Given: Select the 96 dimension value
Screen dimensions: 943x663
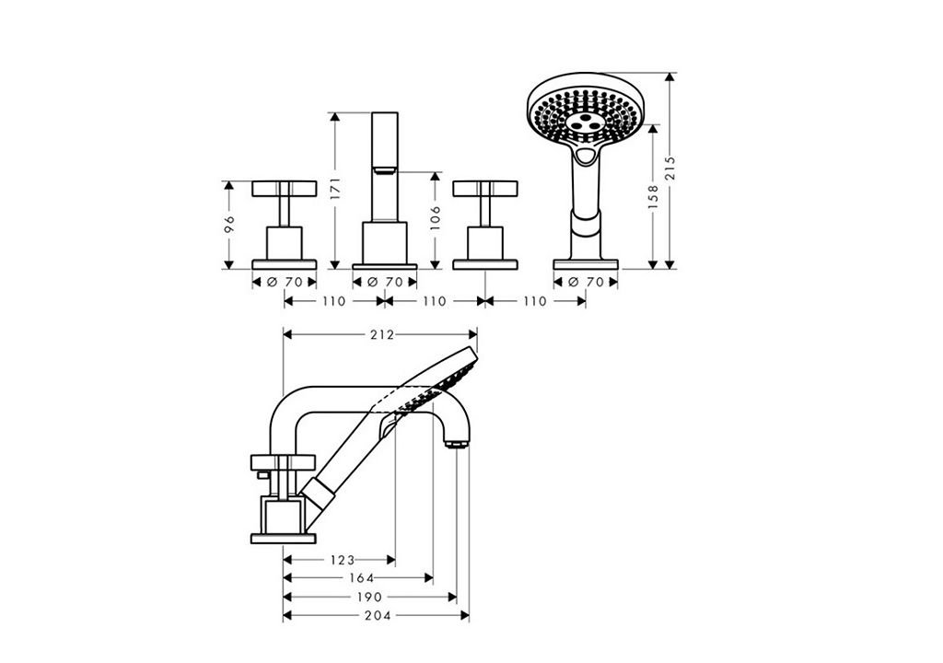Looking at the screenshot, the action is pos(228,225).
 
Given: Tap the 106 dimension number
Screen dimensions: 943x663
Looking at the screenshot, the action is pos(436,218).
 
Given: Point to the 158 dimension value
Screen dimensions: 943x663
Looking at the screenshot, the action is pos(653,197).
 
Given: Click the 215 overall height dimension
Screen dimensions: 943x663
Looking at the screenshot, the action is pos(670,169).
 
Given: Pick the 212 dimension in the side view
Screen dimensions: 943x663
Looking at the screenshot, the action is pos(381,334).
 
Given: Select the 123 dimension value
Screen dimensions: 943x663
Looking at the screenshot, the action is pos(343,561).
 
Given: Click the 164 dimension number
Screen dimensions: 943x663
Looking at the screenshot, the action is pos(361,579).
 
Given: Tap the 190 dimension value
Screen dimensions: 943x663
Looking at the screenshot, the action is pos(369,598).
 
